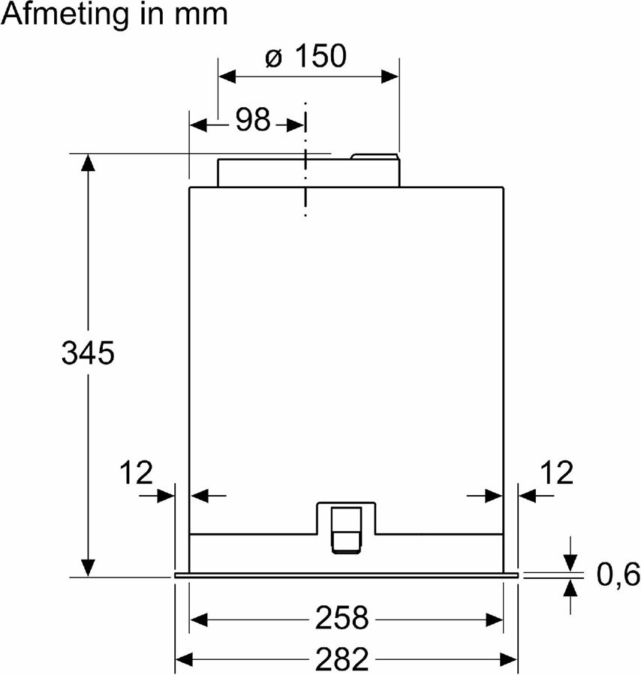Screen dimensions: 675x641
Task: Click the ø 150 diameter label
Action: [306, 56]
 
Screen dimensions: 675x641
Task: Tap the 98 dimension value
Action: [253, 120]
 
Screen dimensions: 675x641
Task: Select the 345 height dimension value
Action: [88, 352]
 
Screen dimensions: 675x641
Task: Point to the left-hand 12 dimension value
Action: [136, 473]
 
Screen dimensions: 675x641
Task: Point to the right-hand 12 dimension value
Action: [556, 473]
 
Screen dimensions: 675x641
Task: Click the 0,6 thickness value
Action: [618, 576]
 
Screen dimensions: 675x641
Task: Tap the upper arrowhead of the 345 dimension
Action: [89, 162]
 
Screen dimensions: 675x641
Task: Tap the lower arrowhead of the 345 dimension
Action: [89, 568]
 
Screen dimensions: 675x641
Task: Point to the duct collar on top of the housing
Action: [308, 172]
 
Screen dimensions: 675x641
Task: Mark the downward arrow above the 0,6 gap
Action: [570, 562]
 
